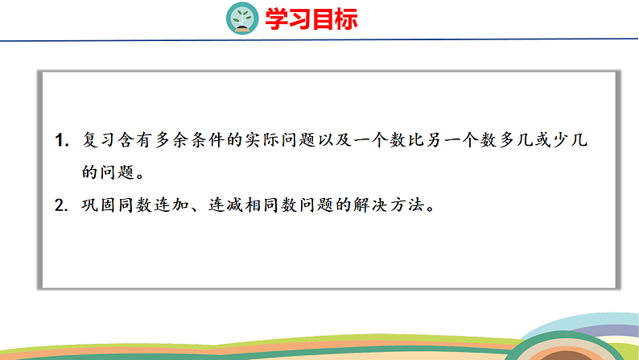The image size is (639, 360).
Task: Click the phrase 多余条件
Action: (190, 140)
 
